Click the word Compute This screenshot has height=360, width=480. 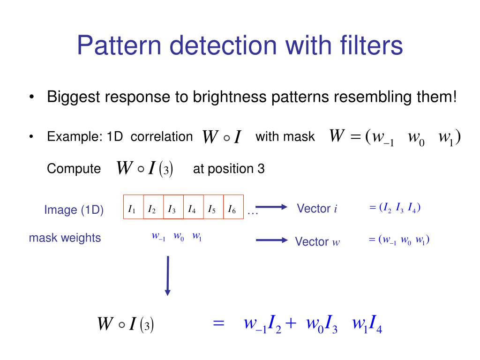pos(74,169)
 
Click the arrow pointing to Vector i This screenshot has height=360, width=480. pos(271,208)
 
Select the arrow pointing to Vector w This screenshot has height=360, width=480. pos(271,240)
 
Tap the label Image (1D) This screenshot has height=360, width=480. pos(74,210)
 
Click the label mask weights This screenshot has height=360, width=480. pos(65,238)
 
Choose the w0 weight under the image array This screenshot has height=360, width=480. pos(179,237)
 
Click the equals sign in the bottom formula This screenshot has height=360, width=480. pos(219,323)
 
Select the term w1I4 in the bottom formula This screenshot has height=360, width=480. pos(367,324)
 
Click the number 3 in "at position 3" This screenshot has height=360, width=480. pos(261,169)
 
